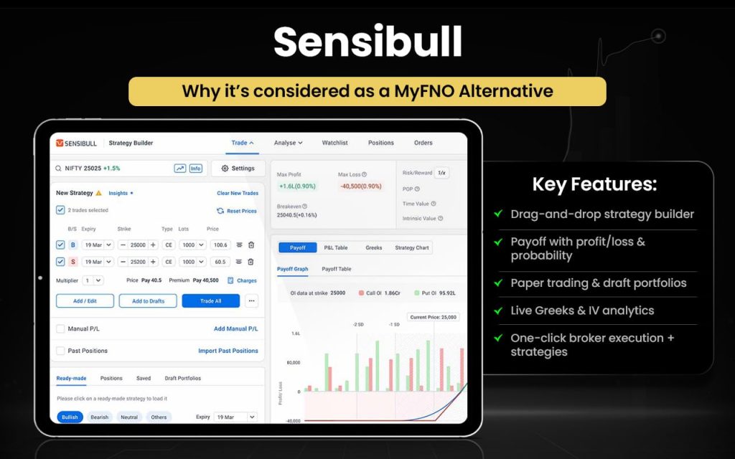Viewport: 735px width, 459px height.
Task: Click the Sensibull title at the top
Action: tap(367, 42)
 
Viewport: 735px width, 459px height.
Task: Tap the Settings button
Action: tap(238, 169)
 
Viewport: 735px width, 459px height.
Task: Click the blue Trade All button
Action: tap(210, 301)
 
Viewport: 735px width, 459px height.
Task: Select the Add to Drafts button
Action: tap(148, 301)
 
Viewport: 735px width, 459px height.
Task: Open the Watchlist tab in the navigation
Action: tap(334, 143)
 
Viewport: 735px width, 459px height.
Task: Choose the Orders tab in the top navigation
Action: tap(423, 143)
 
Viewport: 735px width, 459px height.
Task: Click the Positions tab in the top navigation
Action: tap(380, 143)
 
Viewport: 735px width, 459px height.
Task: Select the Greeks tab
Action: tap(374, 247)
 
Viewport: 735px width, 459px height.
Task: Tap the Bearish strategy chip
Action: tap(100, 417)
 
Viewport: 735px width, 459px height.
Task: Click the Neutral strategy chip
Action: tap(129, 417)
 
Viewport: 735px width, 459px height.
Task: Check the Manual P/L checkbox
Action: tap(60, 328)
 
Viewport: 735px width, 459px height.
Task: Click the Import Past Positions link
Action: tap(228, 351)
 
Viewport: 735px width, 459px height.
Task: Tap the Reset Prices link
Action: tap(237, 211)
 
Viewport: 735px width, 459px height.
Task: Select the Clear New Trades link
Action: tap(238, 193)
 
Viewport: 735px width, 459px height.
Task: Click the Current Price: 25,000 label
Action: tap(434, 316)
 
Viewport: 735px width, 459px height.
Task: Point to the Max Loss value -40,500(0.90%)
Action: tap(361, 186)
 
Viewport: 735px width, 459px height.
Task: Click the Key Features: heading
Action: tap(594, 184)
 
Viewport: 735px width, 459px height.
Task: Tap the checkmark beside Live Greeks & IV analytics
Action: tap(497, 311)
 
